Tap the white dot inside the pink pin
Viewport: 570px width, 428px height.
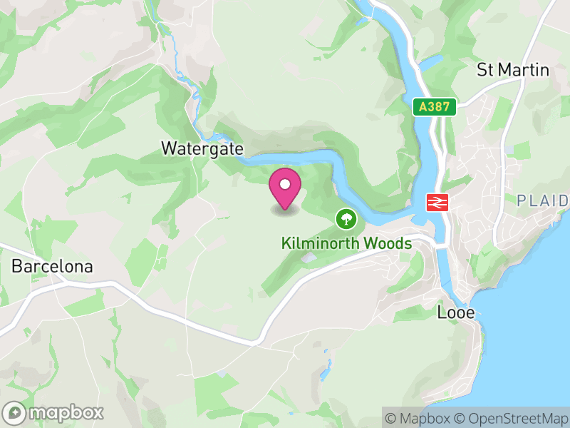pyautogui.click(x=285, y=184)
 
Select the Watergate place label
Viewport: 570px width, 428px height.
pyautogui.click(x=202, y=149)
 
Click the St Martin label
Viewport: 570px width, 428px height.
pyautogui.click(x=513, y=70)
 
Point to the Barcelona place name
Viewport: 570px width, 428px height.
pyautogui.click(x=52, y=267)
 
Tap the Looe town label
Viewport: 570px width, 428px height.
pyautogui.click(x=455, y=312)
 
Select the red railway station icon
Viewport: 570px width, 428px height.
pyautogui.click(x=436, y=202)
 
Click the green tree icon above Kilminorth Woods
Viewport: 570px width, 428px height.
pyautogui.click(x=346, y=217)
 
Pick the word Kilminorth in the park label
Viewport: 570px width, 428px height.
pyautogui.click(x=321, y=243)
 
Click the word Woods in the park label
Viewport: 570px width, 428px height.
pyautogui.click(x=388, y=243)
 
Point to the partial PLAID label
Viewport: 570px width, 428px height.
pyautogui.click(x=542, y=200)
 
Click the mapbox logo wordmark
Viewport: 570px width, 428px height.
pyautogui.click(x=66, y=412)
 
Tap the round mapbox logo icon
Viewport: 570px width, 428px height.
pyautogui.click(x=16, y=412)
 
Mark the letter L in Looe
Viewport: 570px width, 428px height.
pyautogui.click(x=440, y=312)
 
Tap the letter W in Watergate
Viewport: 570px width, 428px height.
pyautogui.click(x=168, y=149)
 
